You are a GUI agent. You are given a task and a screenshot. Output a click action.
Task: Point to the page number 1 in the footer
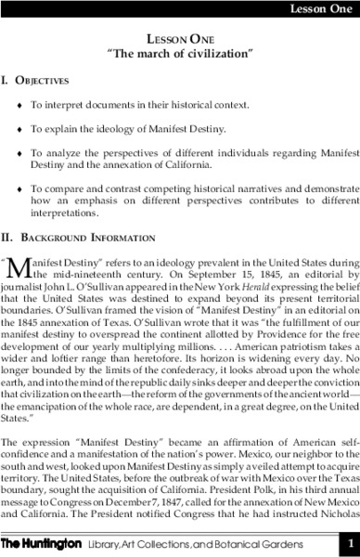(x=348, y=543)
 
